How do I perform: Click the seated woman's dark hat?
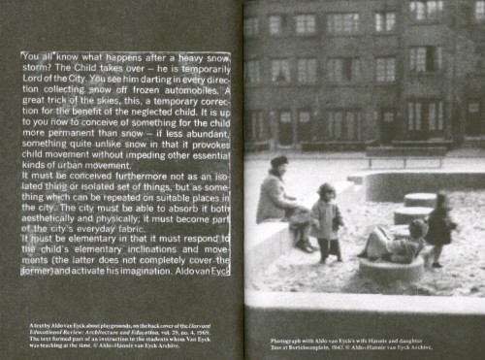click(x=279, y=161)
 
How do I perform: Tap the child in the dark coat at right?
click(x=439, y=226)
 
